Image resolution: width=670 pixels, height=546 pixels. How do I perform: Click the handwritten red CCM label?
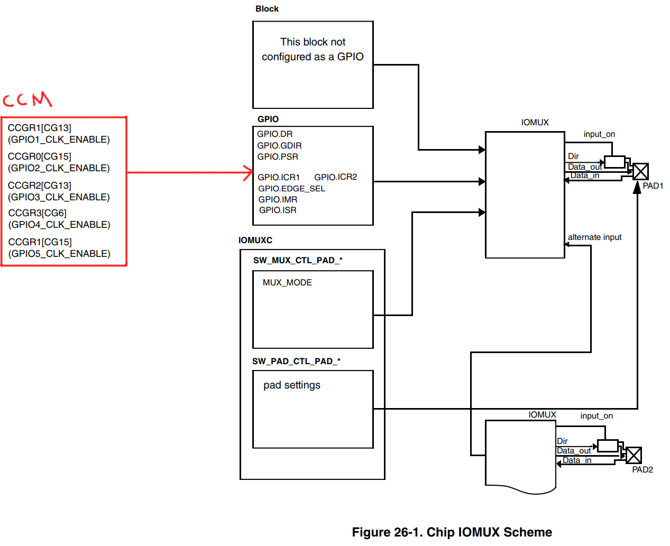tap(27, 99)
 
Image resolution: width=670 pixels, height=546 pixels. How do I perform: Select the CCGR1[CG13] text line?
tap(39, 128)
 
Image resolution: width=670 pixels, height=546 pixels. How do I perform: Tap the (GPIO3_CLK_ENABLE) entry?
tap(59, 197)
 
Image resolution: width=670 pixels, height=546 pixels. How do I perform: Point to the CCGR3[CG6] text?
tap(37, 213)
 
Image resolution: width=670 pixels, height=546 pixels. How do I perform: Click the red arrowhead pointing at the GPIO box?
tap(248, 173)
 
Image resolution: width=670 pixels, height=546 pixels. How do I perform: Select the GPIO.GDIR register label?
tap(279, 145)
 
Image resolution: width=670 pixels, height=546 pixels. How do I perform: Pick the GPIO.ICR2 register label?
tap(335, 177)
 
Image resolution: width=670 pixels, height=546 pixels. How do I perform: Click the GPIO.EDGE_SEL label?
tap(291, 189)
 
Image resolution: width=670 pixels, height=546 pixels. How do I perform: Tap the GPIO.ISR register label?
tap(278, 210)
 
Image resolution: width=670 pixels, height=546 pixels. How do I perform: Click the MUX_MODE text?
tap(287, 282)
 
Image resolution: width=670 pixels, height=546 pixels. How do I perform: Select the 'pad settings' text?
tap(291, 385)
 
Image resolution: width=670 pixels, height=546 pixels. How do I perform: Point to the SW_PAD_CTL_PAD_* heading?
tap(296, 361)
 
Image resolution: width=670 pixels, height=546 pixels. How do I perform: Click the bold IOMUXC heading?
tap(255, 240)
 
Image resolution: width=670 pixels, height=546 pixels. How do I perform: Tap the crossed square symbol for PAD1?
tap(640, 172)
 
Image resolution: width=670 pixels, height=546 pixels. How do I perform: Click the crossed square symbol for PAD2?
tap(634, 455)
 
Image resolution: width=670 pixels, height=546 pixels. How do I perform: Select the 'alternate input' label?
tap(594, 237)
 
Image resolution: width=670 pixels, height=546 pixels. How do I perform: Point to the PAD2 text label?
tap(643, 469)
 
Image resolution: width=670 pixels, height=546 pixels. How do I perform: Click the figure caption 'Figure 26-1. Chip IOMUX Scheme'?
tap(452, 532)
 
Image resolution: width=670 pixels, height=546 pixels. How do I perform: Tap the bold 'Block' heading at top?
tap(267, 9)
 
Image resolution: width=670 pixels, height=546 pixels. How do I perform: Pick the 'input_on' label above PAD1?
tap(599, 134)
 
